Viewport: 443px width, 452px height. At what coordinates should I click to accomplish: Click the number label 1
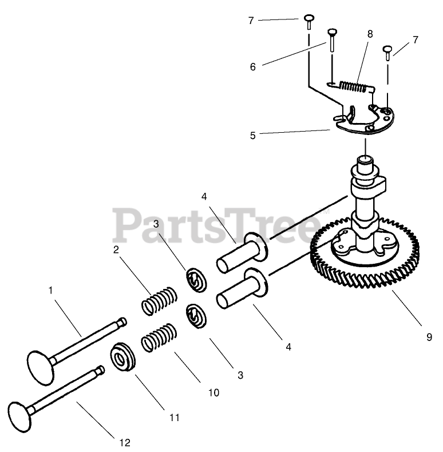tap(51, 291)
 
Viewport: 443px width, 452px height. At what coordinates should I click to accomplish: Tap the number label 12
tap(125, 442)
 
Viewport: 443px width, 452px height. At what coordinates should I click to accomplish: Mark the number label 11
tap(175, 418)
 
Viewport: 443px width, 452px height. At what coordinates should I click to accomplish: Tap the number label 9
tap(429, 338)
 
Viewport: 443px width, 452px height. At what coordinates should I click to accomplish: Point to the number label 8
tap(370, 34)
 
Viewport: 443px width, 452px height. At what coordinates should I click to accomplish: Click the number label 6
tap(252, 66)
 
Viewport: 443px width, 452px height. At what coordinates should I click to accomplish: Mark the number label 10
tap(213, 393)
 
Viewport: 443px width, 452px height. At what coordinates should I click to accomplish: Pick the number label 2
tap(116, 249)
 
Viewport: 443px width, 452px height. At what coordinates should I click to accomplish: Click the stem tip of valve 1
tap(121, 322)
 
